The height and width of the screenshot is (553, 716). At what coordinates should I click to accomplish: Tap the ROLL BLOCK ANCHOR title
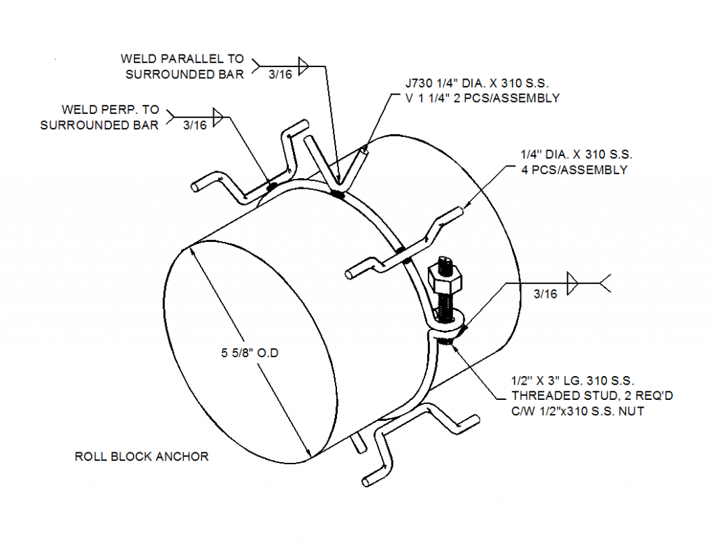pyautogui.click(x=141, y=457)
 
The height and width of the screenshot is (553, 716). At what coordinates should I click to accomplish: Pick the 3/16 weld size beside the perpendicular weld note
pyautogui.click(x=194, y=126)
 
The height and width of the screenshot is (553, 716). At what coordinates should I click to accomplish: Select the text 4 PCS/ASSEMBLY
pyautogui.click(x=573, y=170)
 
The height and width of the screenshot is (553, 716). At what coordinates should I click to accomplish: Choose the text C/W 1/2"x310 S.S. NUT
pyautogui.click(x=578, y=411)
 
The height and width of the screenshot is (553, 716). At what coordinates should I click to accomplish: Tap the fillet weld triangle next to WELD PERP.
pyautogui.click(x=218, y=115)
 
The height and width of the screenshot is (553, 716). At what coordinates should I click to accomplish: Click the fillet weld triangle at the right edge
pyautogui.click(x=573, y=283)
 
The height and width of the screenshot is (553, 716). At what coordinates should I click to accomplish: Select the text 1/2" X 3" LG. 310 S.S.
pyautogui.click(x=572, y=381)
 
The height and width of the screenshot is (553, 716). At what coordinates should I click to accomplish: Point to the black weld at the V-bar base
pyautogui.click(x=338, y=194)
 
